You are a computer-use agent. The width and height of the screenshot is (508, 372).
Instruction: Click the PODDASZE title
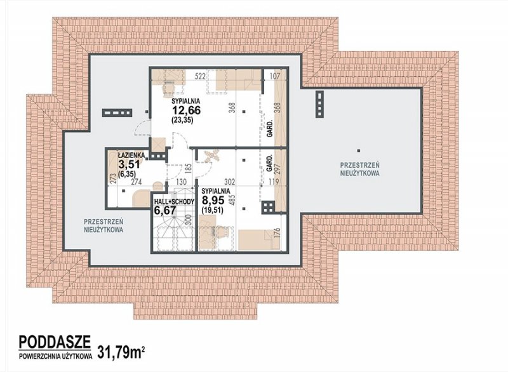[55, 342]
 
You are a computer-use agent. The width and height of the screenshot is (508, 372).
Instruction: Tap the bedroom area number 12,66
[186, 110]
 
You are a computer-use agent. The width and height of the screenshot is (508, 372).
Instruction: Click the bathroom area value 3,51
[130, 164]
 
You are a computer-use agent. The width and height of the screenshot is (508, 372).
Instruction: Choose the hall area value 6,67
[165, 211]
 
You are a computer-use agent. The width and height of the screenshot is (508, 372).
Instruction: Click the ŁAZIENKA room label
[129, 155]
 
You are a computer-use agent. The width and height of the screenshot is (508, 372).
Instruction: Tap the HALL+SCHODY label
[174, 201]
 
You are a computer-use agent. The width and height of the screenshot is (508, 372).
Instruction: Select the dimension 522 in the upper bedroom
[201, 76]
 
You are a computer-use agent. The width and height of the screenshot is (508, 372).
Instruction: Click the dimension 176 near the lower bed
[277, 234]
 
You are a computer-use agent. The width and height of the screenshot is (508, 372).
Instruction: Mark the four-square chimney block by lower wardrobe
[268, 207]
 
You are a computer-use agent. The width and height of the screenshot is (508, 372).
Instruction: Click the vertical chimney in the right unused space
[320, 103]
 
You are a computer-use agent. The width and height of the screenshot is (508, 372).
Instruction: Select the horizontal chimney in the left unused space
[117, 113]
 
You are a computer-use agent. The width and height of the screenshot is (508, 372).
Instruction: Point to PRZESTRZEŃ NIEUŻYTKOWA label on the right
[359, 169]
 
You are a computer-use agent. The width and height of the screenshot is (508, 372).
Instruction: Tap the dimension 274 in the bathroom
[137, 182]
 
